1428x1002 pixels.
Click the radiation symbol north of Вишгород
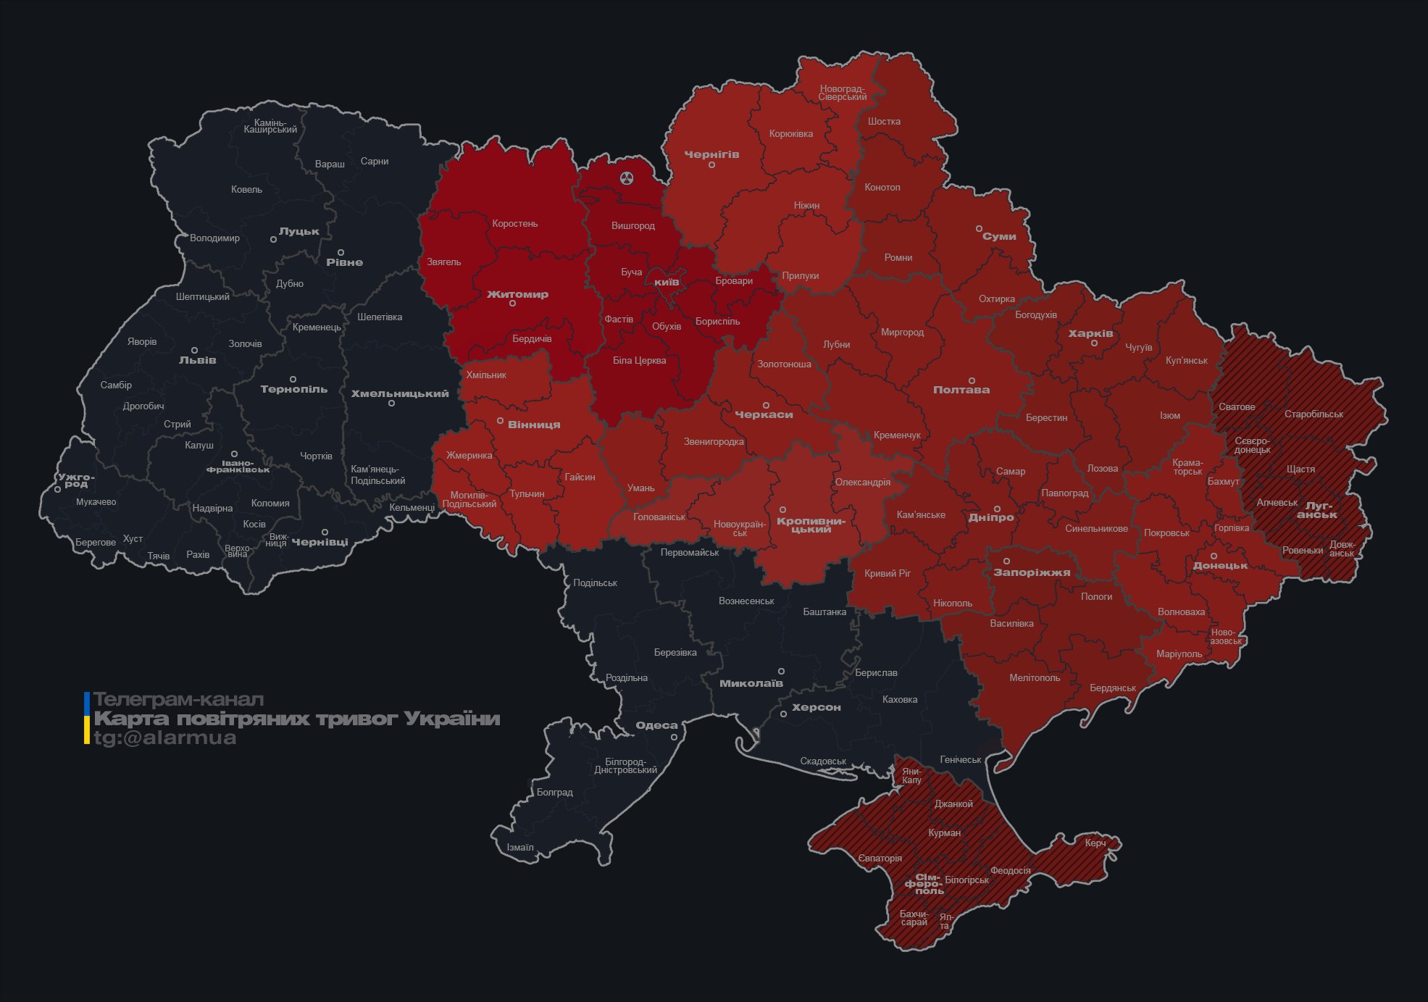(x=627, y=178)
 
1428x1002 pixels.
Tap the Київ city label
(x=667, y=282)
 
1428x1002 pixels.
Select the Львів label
(x=198, y=360)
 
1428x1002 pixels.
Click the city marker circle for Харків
(x=1094, y=343)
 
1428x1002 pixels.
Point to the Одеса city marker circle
(x=674, y=738)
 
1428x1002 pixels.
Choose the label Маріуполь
(x=1179, y=654)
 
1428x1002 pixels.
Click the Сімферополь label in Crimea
(x=924, y=884)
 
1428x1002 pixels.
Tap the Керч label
(x=1095, y=843)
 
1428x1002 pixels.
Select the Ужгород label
(x=76, y=480)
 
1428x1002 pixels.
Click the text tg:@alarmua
(x=164, y=738)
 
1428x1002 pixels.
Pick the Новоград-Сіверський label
(x=843, y=93)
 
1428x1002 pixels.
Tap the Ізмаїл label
(x=520, y=848)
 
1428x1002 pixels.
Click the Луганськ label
(x=1317, y=510)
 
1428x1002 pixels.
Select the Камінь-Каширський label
(x=270, y=126)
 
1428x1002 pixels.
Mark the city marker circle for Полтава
(x=972, y=380)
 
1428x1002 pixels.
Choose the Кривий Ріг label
(x=888, y=573)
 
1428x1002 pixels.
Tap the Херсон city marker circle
(x=783, y=714)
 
